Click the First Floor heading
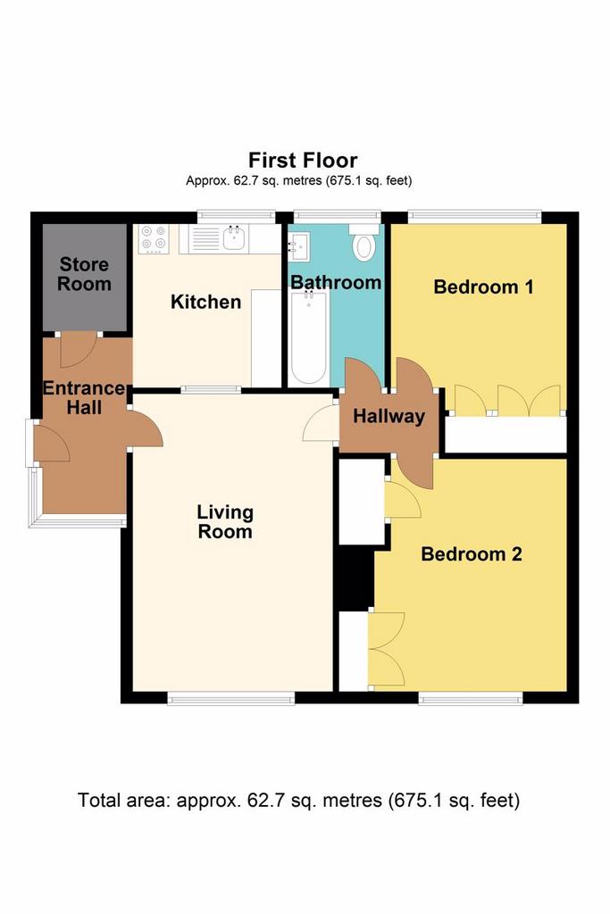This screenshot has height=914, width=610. pyautogui.click(x=303, y=160)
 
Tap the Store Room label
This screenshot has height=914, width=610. pyautogui.click(x=85, y=274)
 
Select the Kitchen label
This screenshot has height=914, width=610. pyautogui.click(x=205, y=302)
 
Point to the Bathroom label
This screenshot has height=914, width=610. pyautogui.click(x=336, y=282)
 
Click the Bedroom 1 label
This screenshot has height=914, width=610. pyautogui.click(x=483, y=287)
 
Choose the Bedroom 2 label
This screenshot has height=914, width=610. pyautogui.click(x=472, y=553)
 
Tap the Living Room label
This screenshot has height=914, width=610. pyautogui.click(x=225, y=521)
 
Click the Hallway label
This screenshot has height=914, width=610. pyautogui.click(x=389, y=416)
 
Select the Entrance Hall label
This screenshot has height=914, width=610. pyautogui.click(x=85, y=397)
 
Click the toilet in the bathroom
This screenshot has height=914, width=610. pyautogui.click(x=363, y=243)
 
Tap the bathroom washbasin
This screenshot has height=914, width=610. pyautogui.click(x=299, y=245)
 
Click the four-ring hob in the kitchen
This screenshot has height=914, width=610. pyautogui.click(x=154, y=239)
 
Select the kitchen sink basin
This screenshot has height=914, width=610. pyautogui.click(x=235, y=238)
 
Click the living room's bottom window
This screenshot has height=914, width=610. pyautogui.click(x=231, y=698)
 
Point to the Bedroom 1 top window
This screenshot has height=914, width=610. pyautogui.click(x=474, y=216)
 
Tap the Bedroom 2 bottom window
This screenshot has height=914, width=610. pyautogui.click(x=471, y=698)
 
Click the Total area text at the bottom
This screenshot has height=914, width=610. pyautogui.click(x=298, y=801)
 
